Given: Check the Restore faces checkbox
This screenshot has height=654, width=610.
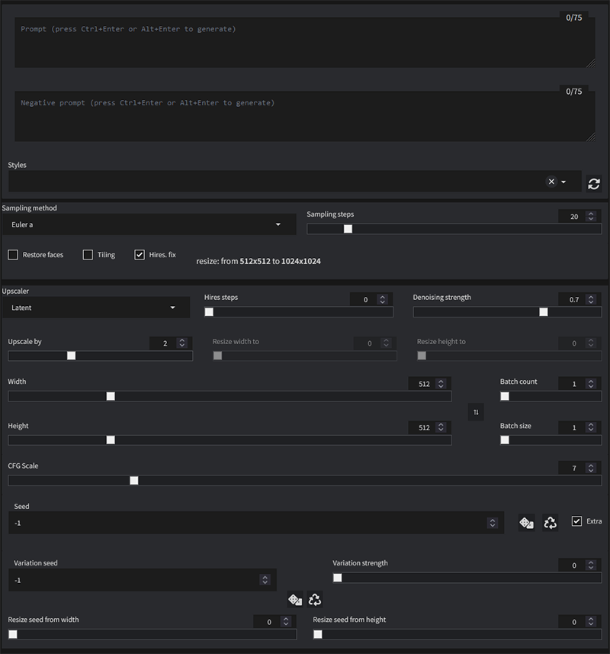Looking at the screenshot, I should (x=13, y=255).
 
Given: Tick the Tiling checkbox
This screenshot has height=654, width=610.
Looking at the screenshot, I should (x=88, y=255).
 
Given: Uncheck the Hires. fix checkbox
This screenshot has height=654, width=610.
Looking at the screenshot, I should (x=139, y=255).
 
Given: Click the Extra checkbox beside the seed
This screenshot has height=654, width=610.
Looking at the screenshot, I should (x=576, y=521).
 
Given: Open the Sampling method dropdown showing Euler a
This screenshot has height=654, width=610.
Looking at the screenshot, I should (x=145, y=225).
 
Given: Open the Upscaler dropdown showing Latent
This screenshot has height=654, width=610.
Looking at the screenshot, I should (x=95, y=308).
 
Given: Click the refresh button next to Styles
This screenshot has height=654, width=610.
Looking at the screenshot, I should (x=594, y=183).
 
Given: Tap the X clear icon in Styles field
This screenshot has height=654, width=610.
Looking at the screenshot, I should (x=551, y=182).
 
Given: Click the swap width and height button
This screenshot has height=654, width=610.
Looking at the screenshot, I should (x=476, y=412).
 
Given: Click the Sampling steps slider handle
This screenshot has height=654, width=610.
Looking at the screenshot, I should (x=348, y=229).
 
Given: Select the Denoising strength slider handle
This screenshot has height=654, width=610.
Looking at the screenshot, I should (x=544, y=311).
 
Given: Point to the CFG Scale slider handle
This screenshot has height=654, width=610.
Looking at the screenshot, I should (x=134, y=481).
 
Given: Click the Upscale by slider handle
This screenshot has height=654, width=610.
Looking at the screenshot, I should (x=72, y=356).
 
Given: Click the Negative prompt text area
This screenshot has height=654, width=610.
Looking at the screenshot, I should (x=304, y=116).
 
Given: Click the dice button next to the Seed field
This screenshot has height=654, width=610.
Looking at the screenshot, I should (x=526, y=523).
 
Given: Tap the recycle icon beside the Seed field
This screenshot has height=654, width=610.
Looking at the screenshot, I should (x=551, y=523).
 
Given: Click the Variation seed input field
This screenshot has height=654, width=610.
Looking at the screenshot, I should (x=137, y=580).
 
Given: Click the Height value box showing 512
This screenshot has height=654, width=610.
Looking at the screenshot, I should (x=424, y=427).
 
